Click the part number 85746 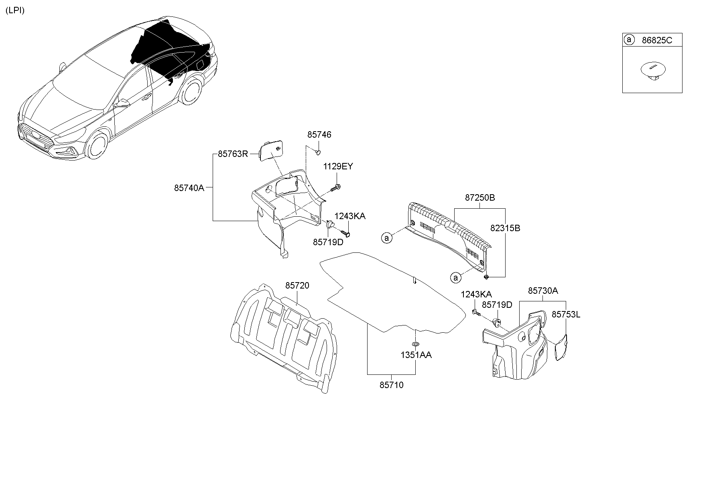click(319, 135)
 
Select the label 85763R click(233, 154)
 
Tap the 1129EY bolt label click(338, 166)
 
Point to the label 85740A click(189, 187)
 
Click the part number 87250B click(480, 197)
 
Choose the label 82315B click(505, 228)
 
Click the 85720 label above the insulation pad click(297, 285)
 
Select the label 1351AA click(416, 355)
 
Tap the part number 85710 click(391, 385)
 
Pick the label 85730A click(542, 291)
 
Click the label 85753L click(566, 315)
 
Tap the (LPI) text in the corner click(15, 10)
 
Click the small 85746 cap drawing click(317, 152)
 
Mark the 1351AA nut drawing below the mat click(415, 344)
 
